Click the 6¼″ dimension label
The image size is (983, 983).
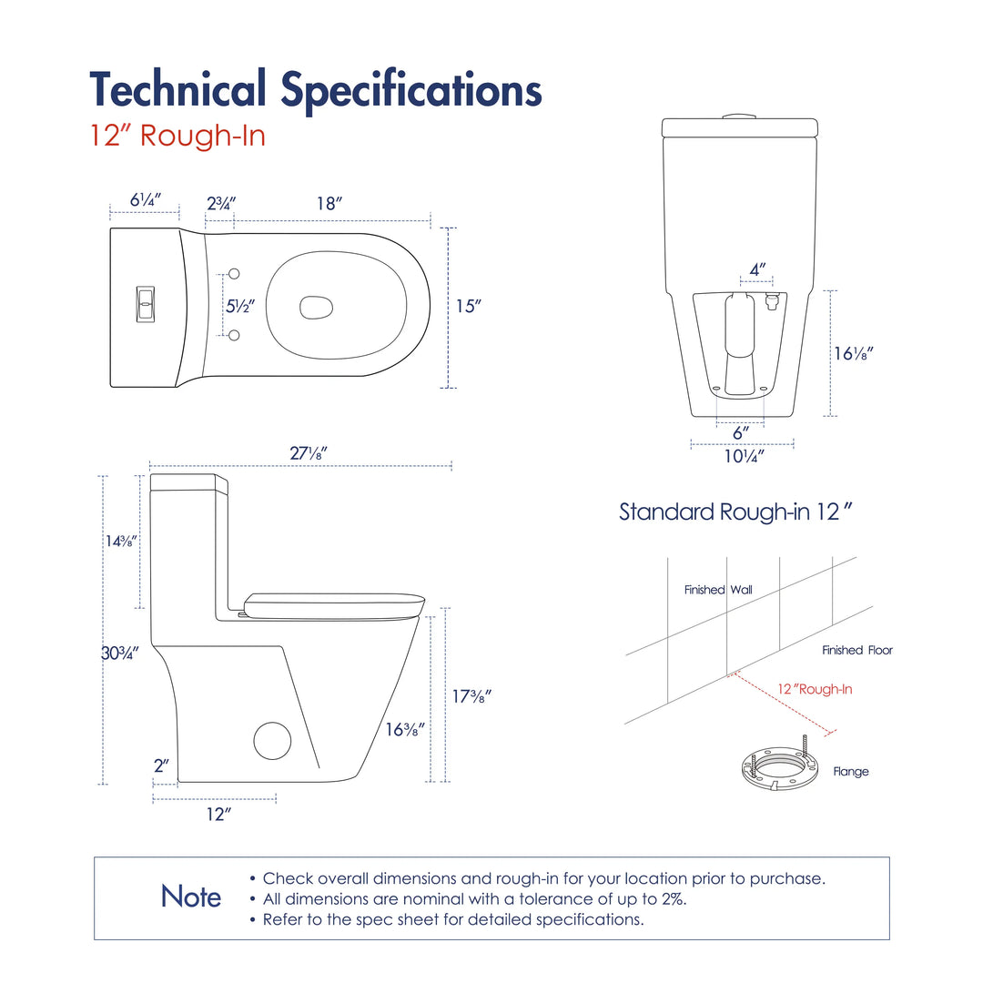click(x=146, y=200)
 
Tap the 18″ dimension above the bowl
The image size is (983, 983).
click(x=329, y=204)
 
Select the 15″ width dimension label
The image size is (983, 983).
click(x=469, y=306)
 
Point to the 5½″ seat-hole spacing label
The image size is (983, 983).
click(x=240, y=306)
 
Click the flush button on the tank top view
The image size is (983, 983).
click(x=146, y=305)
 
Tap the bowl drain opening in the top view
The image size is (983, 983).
click(x=316, y=308)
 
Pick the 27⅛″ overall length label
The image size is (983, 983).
click(x=309, y=452)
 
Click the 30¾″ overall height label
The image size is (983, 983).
click(x=120, y=654)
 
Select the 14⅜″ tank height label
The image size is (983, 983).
click(x=120, y=541)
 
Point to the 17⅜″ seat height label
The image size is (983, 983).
click(x=472, y=696)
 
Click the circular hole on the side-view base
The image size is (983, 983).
click(x=272, y=740)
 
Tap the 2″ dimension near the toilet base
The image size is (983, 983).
click(x=162, y=765)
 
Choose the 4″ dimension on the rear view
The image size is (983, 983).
click(x=757, y=269)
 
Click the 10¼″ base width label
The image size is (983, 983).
click(x=745, y=456)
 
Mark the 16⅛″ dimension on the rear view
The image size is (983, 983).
click(x=853, y=353)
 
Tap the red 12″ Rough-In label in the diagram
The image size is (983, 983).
click(x=815, y=689)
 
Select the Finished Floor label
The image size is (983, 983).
click(x=857, y=650)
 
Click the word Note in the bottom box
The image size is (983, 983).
click(x=191, y=897)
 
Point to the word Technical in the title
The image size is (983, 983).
click(x=178, y=89)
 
